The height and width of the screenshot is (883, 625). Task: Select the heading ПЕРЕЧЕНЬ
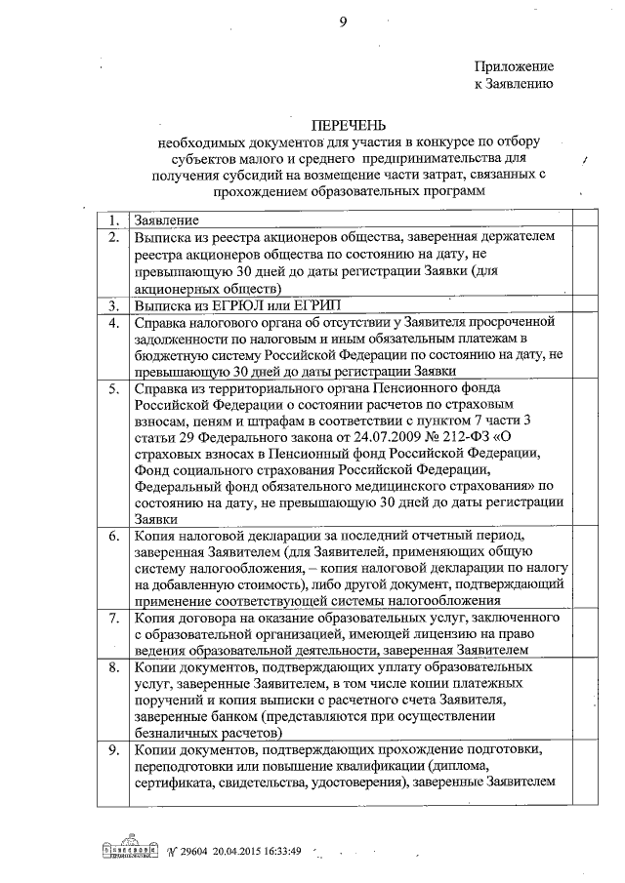coord(349,126)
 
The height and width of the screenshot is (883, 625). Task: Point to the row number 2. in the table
coord(114,237)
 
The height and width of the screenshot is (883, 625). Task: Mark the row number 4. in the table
coord(114,322)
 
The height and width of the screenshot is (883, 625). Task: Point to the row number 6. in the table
coord(114,538)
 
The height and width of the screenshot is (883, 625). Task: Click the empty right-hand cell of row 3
coord(587,305)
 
